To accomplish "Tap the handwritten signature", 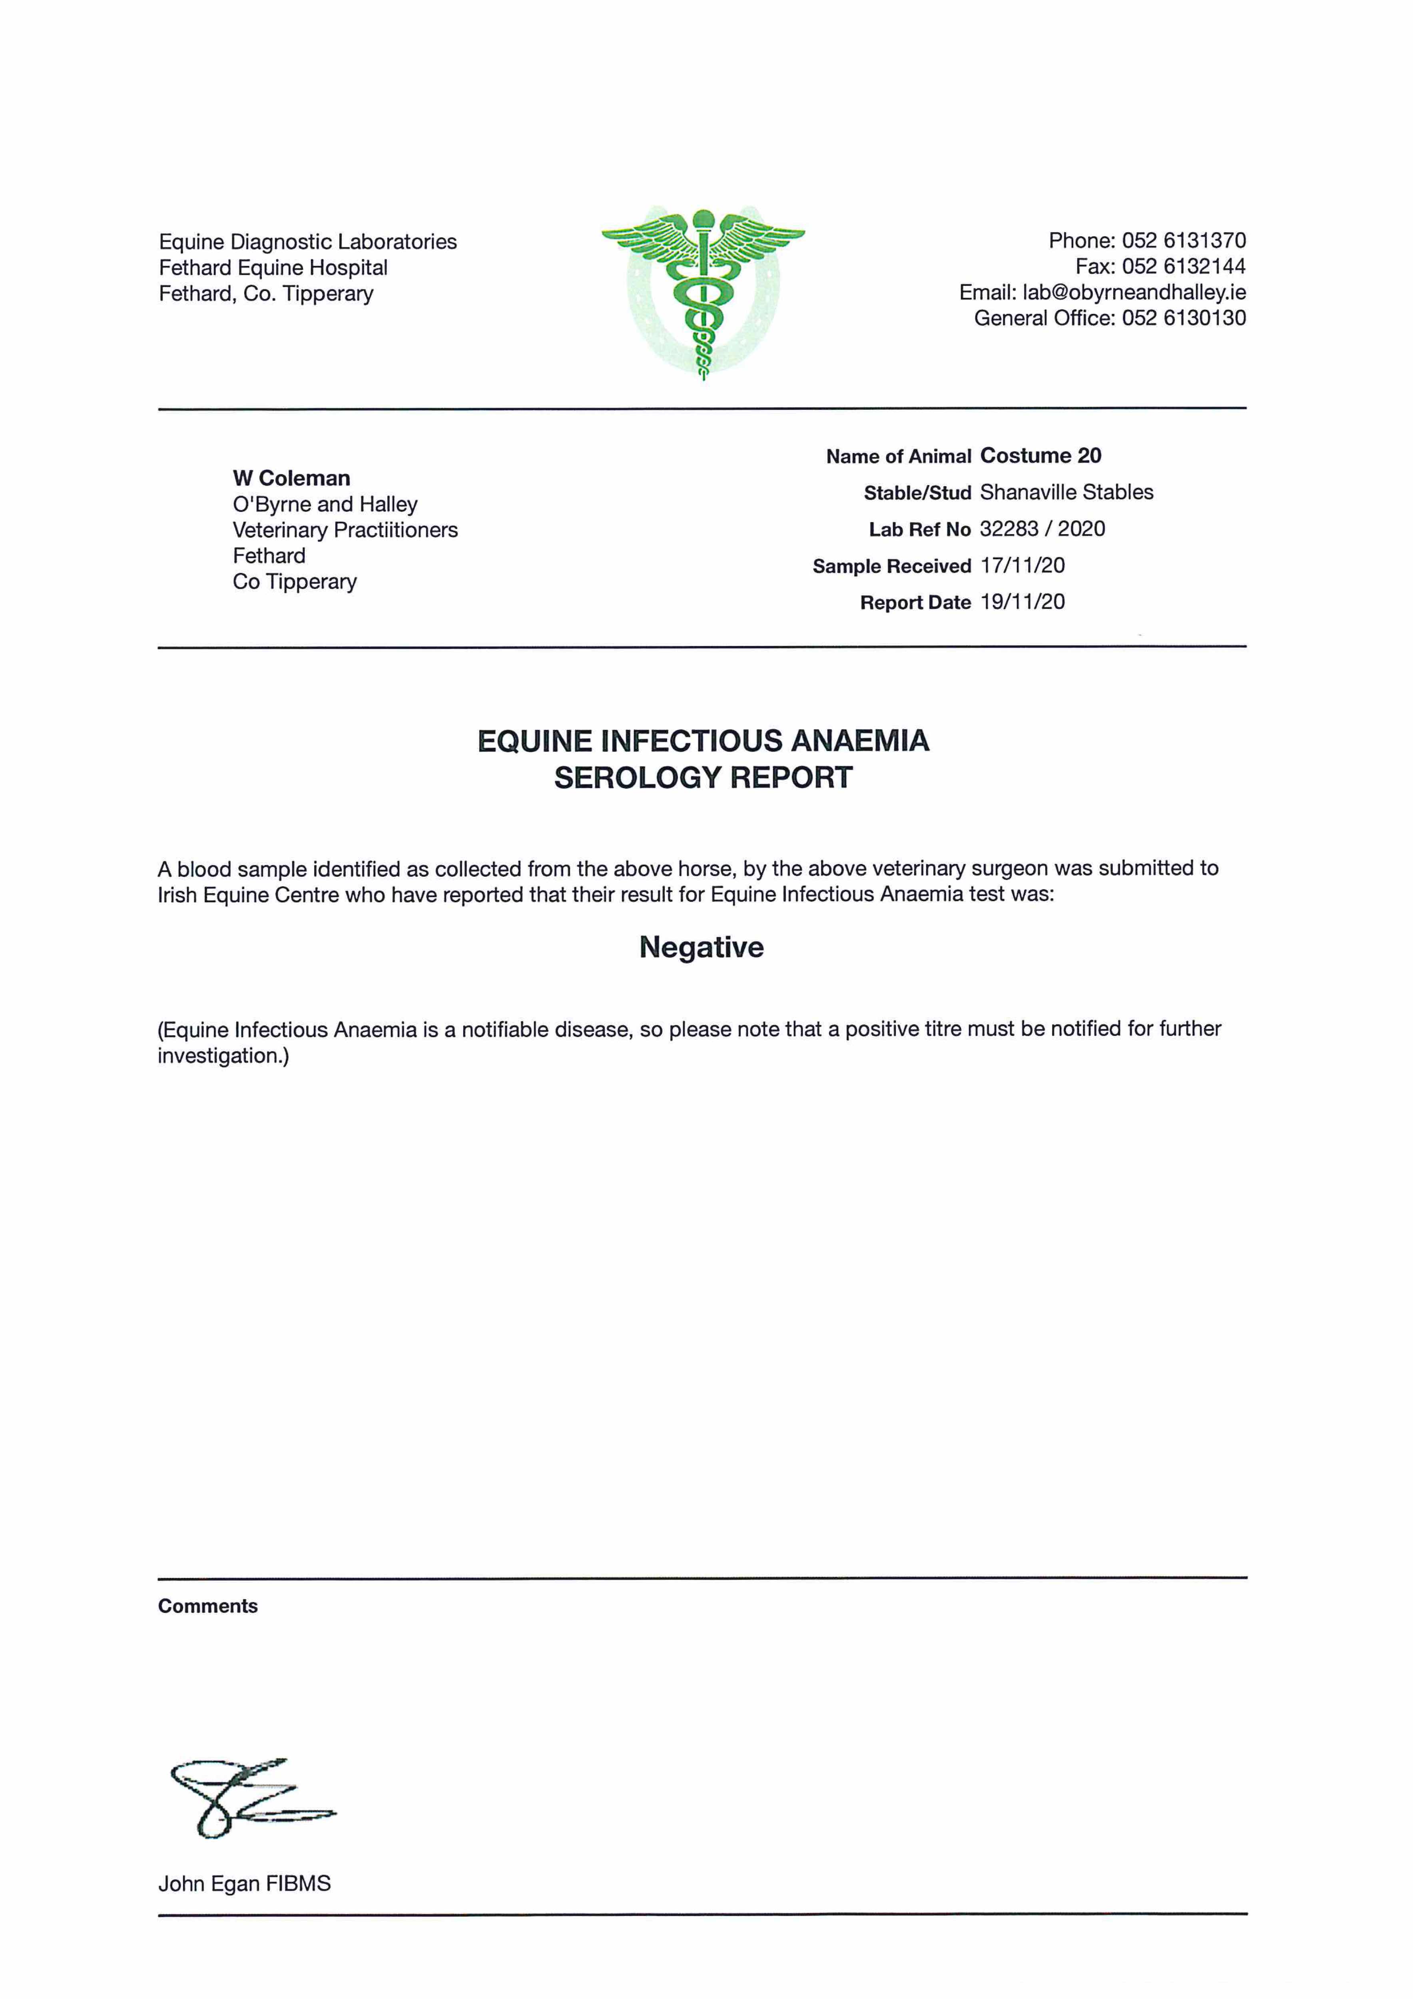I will click(248, 1795).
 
